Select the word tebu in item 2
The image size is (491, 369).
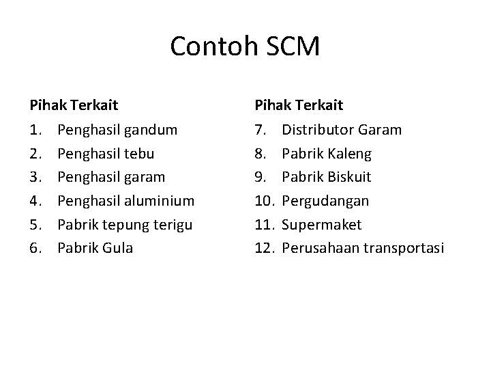pyautogui.click(x=139, y=153)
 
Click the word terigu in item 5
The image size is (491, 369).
pyautogui.click(x=170, y=225)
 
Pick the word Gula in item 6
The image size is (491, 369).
pyautogui.click(x=117, y=248)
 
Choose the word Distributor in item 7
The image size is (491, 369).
pyautogui.click(x=317, y=129)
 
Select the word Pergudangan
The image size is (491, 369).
pyautogui.click(x=325, y=201)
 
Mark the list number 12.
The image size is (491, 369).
pyautogui.click(x=265, y=248)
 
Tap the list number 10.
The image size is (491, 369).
pyautogui.click(x=265, y=201)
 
